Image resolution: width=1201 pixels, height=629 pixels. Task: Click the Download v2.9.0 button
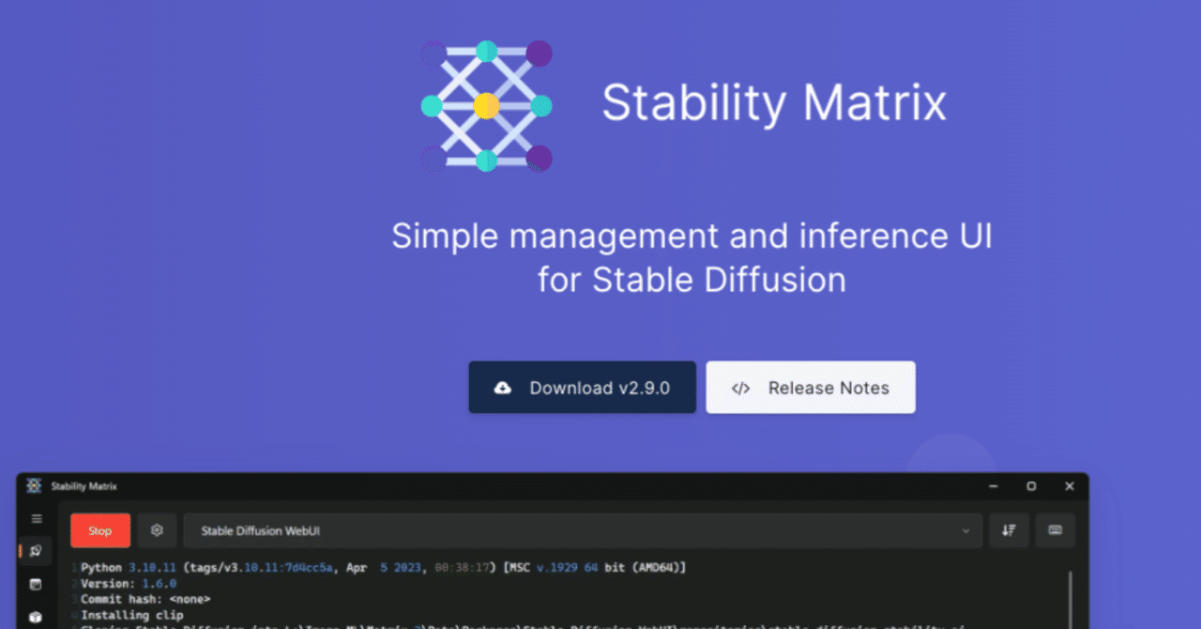[x=582, y=388]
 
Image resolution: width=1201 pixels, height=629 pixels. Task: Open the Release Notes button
[x=811, y=388]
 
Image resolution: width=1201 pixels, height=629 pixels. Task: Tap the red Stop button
[x=100, y=530]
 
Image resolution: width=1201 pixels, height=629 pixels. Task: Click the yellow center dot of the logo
[x=486, y=106]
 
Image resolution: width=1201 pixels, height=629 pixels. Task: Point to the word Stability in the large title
[x=692, y=102]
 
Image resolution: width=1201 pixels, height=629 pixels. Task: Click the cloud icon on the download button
[x=503, y=388]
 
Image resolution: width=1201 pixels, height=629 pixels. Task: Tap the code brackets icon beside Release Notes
[x=740, y=389]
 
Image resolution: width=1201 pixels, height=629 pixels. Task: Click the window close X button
[x=1069, y=486]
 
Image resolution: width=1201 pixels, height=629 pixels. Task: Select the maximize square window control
[x=1031, y=486]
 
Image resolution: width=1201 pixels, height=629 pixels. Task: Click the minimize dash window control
[x=993, y=486]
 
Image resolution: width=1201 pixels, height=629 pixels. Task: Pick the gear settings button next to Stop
[x=157, y=530]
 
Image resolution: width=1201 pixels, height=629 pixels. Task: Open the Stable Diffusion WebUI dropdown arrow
[x=965, y=531]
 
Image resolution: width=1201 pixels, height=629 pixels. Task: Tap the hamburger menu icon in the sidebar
[x=37, y=518]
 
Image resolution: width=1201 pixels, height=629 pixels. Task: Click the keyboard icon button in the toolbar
[x=1055, y=530]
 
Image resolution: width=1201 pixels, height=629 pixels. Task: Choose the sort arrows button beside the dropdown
[x=1009, y=530]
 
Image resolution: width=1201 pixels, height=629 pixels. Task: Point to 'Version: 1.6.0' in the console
[x=128, y=583]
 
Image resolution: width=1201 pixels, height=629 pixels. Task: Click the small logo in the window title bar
[x=34, y=486]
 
